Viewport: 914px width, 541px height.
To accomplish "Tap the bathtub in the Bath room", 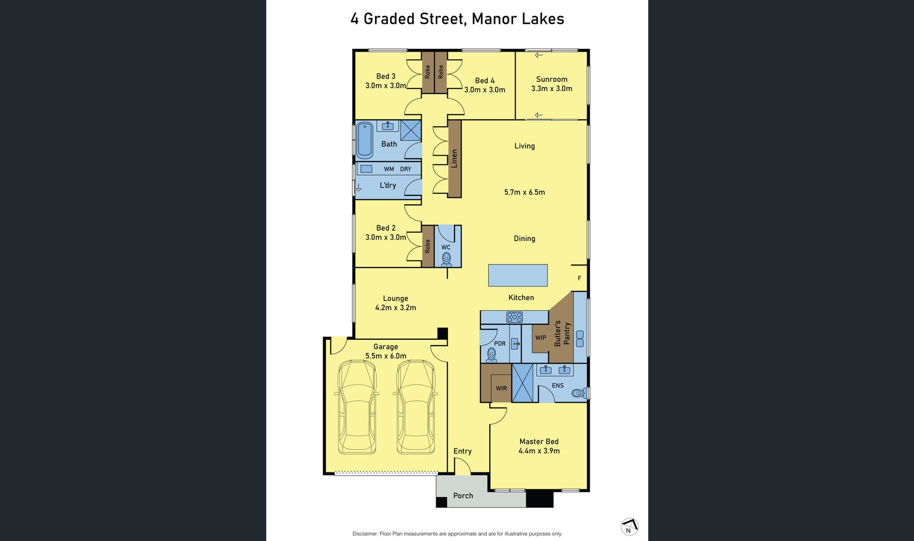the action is coord(365,140).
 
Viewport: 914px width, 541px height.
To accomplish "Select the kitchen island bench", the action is coord(518,275).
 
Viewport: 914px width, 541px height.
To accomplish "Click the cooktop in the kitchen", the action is coord(514,317).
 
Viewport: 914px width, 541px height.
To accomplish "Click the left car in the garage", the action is coord(357,407).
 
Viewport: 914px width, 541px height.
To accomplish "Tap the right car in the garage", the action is coord(416,407).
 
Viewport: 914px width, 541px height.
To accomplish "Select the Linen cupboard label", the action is coord(454,159).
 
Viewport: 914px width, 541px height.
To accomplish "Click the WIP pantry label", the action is coord(540,338).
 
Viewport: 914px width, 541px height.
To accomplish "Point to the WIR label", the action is coord(501,388).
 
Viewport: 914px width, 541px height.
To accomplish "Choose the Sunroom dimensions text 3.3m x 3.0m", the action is coord(551,89).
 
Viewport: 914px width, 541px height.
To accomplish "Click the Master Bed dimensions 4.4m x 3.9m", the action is coord(539,451).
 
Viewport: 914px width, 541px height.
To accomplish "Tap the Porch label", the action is coord(463,496).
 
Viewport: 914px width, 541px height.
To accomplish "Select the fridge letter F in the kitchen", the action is coord(579,278).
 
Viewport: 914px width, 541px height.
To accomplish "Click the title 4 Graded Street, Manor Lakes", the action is coord(457,19).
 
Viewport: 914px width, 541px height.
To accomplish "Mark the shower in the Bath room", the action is coord(411,130).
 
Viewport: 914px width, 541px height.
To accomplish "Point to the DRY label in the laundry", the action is coord(406,169).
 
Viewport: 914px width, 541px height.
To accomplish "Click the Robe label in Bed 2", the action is coord(428,247).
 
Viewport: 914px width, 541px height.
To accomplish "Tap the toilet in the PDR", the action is coord(491,355).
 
